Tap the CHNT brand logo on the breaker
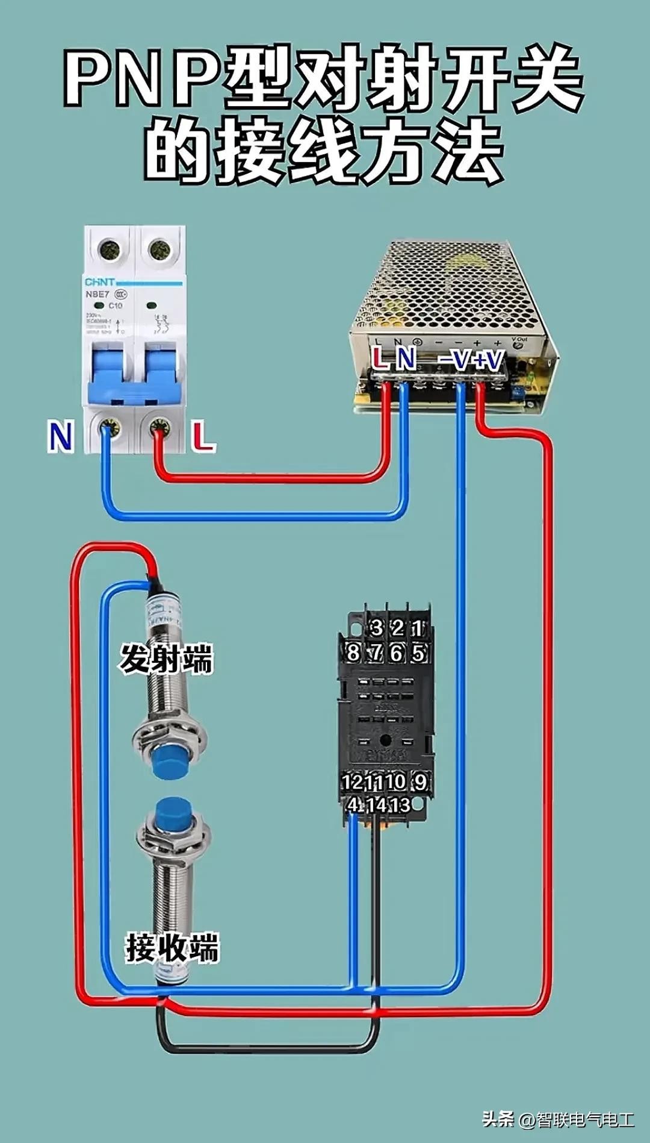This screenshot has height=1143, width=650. tap(100, 282)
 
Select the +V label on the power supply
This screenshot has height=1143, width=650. tap(487, 360)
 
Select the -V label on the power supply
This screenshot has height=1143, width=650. tap(453, 360)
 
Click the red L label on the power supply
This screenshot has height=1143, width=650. tap(379, 358)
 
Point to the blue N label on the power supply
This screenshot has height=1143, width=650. tap(406, 358)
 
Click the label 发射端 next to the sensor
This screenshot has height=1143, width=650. tap(166, 658)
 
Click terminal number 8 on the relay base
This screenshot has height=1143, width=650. tap(353, 652)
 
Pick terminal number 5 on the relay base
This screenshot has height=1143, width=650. tap(418, 652)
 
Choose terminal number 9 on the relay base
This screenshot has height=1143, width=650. tap(419, 781)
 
